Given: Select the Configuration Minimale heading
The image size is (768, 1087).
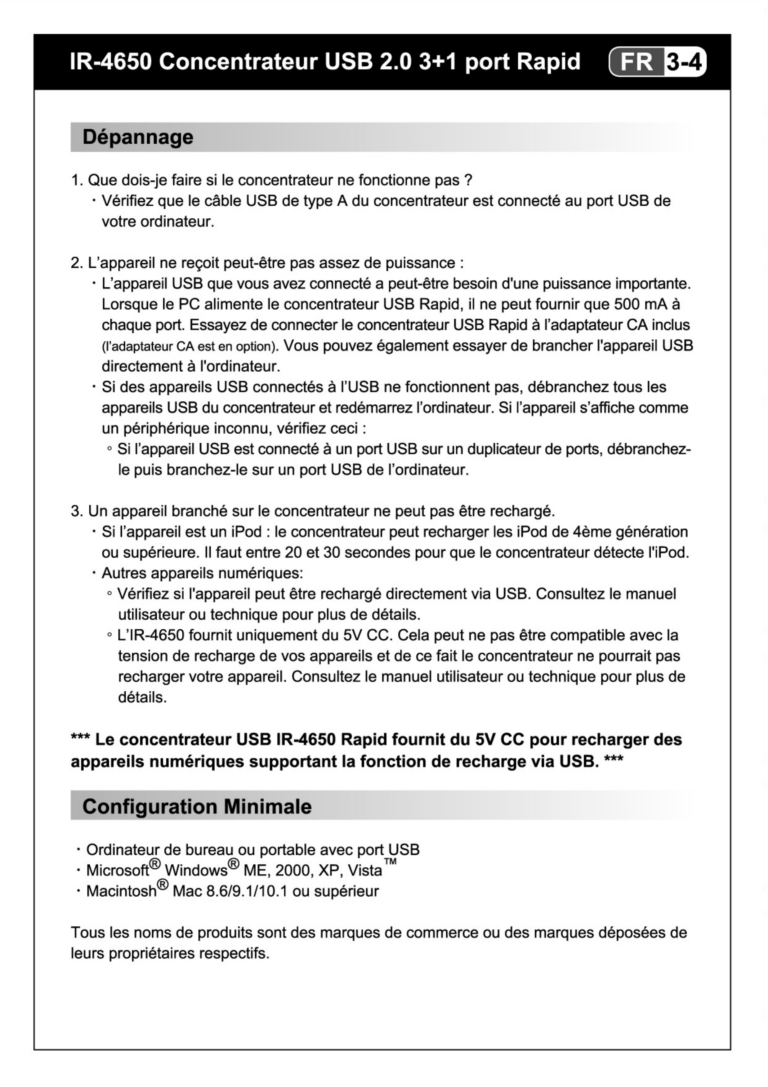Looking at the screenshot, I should pos(197,806).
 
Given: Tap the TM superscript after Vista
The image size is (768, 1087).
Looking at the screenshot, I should pos(390,862).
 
